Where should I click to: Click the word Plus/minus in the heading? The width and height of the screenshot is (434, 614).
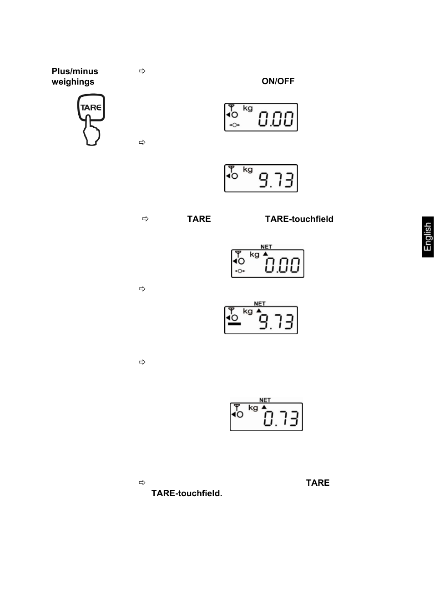point(75,71)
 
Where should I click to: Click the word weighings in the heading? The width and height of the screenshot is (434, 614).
point(73,82)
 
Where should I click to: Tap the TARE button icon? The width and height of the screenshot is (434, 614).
point(91,107)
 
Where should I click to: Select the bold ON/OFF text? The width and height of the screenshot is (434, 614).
point(278,81)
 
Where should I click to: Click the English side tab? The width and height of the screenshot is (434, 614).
point(428,237)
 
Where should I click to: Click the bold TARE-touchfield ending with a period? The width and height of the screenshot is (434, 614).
point(187,493)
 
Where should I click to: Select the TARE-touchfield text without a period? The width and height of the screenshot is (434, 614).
point(299,219)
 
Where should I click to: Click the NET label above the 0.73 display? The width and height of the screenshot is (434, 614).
point(265,400)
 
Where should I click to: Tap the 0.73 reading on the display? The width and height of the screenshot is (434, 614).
point(281,418)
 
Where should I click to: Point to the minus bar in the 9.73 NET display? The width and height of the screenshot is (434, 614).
point(234,324)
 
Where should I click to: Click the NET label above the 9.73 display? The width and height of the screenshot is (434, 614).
point(260,304)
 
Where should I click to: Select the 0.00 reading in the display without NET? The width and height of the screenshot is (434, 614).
point(276,120)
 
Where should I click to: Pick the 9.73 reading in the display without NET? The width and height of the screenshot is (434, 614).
point(276,181)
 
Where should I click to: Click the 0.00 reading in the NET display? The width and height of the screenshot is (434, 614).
point(283,266)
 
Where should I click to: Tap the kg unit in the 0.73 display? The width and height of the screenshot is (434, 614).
point(253,408)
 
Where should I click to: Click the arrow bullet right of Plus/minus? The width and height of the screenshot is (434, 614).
point(142,71)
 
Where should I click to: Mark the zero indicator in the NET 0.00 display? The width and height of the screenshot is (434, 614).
point(239,271)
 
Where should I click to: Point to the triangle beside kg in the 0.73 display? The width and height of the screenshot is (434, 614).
point(264,407)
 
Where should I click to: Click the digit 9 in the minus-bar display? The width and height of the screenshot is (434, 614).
point(264,322)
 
